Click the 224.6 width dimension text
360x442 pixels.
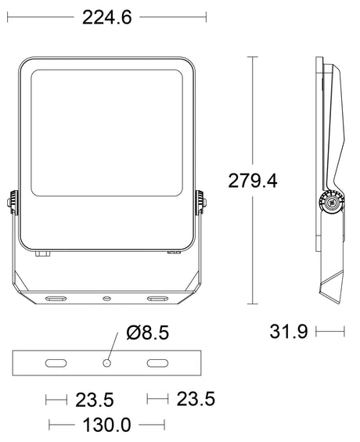pyautogui.click(x=107, y=17)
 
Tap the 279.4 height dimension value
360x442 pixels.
pyautogui.click(x=253, y=181)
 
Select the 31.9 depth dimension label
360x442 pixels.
pyautogui.click(x=289, y=332)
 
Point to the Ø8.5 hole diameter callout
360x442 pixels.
pyautogui.click(x=148, y=332)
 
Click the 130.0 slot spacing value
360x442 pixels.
pyautogui.click(x=107, y=425)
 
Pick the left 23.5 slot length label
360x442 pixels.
pyautogui.click(x=95, y=400)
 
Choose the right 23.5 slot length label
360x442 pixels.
pyautogui.click(x=196, y=399)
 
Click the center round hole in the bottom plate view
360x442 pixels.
pyautogui.click(x=106, y=363)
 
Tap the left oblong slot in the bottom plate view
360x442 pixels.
pyautogui.click(x=56, y=363)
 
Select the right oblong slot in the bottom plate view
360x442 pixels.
pyautogui.click(x=157, y=363)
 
